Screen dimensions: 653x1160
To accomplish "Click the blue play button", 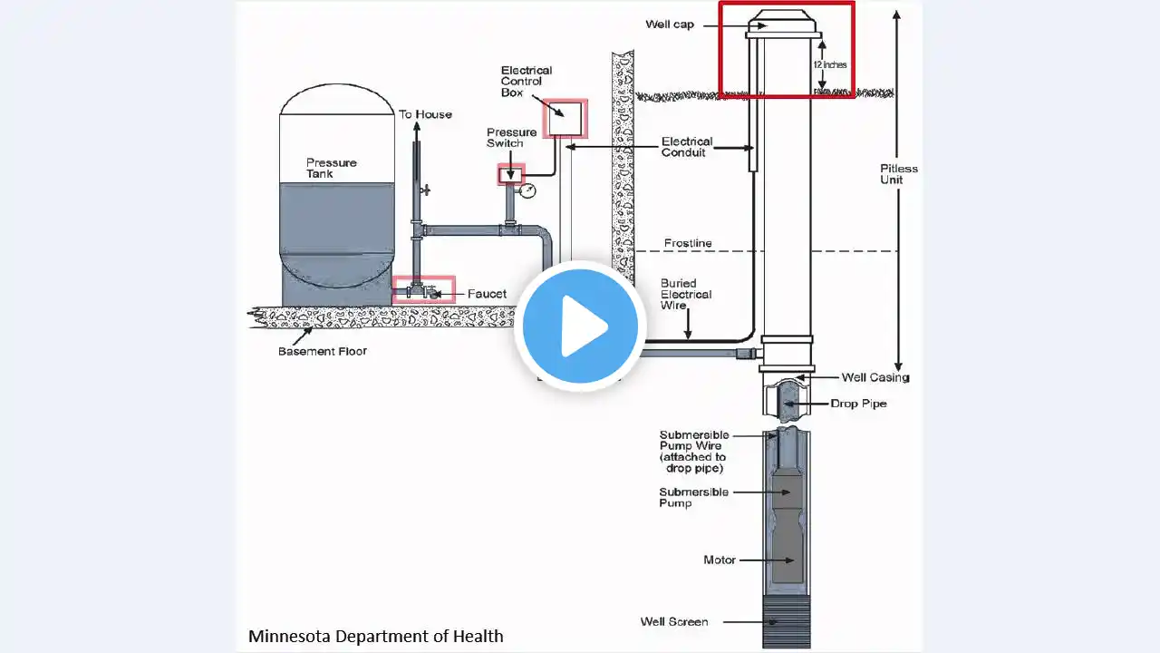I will [x=580, y=326].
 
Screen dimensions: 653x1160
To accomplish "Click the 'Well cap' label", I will [x=670, y=24].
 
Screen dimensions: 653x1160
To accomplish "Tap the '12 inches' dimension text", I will [x=829, y=64].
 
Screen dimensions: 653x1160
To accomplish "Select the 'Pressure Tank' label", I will [x=332, y=168].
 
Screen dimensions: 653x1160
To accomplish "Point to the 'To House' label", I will [x=425, y=114].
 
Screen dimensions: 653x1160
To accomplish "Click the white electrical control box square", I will [x=565, y=118].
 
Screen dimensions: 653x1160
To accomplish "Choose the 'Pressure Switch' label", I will [x=511, y=138].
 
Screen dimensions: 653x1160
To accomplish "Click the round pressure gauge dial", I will [x=527, y=190].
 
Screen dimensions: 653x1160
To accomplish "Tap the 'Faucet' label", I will [x=487, y=294].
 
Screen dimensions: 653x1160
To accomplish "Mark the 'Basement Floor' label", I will [x=322, y=351].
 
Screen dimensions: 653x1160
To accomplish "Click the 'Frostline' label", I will [x=688, y=243].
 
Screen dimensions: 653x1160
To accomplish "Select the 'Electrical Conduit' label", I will [x=687, y=147].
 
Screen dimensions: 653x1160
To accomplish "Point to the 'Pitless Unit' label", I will [x=898, y=174].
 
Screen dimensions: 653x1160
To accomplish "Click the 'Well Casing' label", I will [x=875, y=377].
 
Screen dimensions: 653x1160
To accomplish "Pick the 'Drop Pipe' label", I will [x=858, y=404].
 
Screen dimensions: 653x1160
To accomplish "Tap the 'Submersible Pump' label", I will [x=693, y=497].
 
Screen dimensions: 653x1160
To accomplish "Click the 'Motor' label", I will [x=720, y=560].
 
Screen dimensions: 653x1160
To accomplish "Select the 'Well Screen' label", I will [x=674, y=621].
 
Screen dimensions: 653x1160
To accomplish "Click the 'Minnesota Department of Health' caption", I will [x=375, y=636].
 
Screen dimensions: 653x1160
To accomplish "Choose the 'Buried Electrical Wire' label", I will [x=686, y=294].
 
